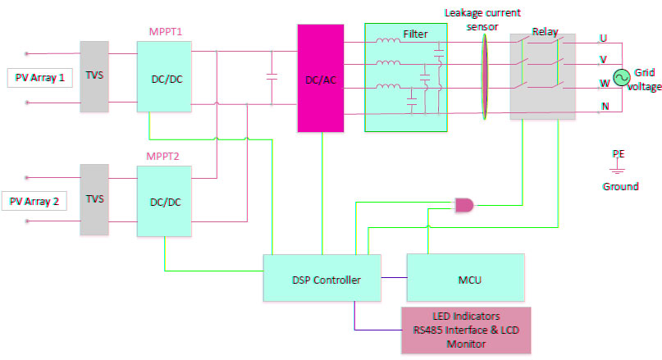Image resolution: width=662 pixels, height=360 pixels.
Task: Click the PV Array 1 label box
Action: [39, 78]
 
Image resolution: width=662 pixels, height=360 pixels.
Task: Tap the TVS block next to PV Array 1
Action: [94, 76]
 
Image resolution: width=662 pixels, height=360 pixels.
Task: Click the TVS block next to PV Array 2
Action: [94, 199]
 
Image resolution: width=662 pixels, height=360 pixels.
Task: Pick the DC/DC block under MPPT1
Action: [164, 76]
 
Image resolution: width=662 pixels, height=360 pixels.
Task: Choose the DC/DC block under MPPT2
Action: [164, 201]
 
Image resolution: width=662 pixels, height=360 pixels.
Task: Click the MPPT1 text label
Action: [163, 31]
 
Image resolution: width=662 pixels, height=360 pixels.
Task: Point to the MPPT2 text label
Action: [163, 156]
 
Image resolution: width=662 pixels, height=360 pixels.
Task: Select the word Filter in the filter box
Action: [415, 34]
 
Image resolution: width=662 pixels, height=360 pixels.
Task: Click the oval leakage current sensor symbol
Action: [483, 76]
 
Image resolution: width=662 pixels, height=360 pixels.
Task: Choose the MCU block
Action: [465, 279]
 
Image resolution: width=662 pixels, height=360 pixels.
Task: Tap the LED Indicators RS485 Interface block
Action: [465, 330]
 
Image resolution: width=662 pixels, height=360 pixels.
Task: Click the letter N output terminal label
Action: [604, 106]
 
